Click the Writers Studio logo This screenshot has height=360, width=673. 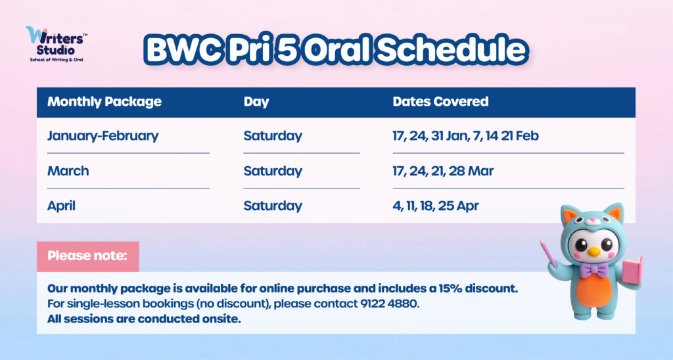[x=57, y=44]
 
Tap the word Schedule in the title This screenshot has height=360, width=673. [x=451, y=49]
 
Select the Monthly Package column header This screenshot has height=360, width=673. [x=104, y=102]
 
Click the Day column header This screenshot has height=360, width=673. [x=256, y=102]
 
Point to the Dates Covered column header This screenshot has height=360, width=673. [x=440, y=101]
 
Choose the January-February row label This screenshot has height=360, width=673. [x=103, y=136]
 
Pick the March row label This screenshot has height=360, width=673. [x=68, y=171]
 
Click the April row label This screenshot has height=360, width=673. [x=61, y=206]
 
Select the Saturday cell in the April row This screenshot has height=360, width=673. [x=273, y=206]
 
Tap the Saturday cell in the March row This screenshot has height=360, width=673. [x=273, y=171]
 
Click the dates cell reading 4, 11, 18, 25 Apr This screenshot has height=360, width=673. [x=435, y=206]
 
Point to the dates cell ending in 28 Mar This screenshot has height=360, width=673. [x=443, y=171]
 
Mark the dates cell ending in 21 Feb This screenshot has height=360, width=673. [x=465, y=136]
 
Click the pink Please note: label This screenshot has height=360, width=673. [x=87, y=256]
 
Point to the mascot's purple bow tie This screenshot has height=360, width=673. [x=593, y=271]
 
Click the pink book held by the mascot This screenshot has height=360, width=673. [x=632, y=271]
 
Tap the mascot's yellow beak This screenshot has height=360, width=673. [x=594, y=252]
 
